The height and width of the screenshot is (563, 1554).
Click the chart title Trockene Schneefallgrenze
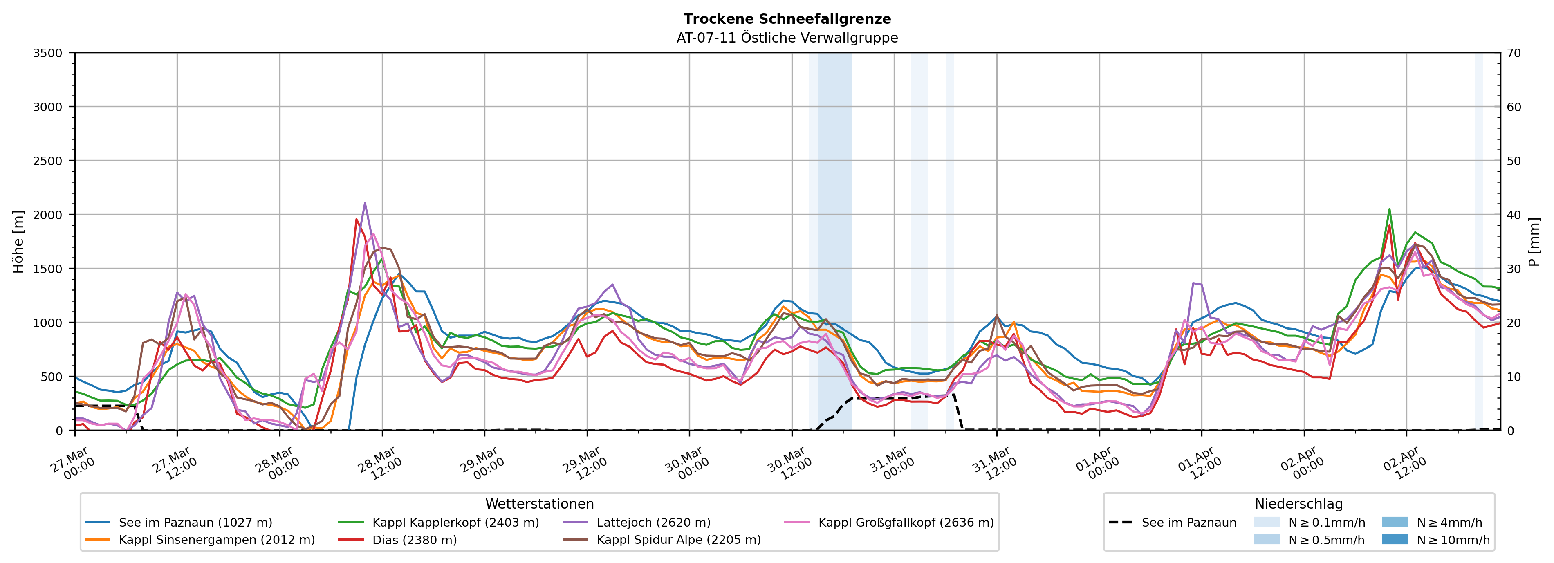[787, 19]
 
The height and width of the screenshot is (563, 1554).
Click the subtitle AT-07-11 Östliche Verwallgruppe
[787, 38]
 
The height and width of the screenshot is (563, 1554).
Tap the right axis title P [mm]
[1534, 241]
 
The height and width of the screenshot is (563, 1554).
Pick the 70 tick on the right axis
[1514, 53]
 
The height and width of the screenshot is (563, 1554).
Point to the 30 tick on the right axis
[1514, 269]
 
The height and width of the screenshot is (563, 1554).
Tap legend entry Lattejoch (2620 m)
[653, 523]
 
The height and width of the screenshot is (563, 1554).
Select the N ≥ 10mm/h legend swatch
[1395, 539]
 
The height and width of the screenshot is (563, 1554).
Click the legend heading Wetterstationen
[539, 504]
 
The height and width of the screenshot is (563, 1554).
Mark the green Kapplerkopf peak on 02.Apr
[1389, 209]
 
